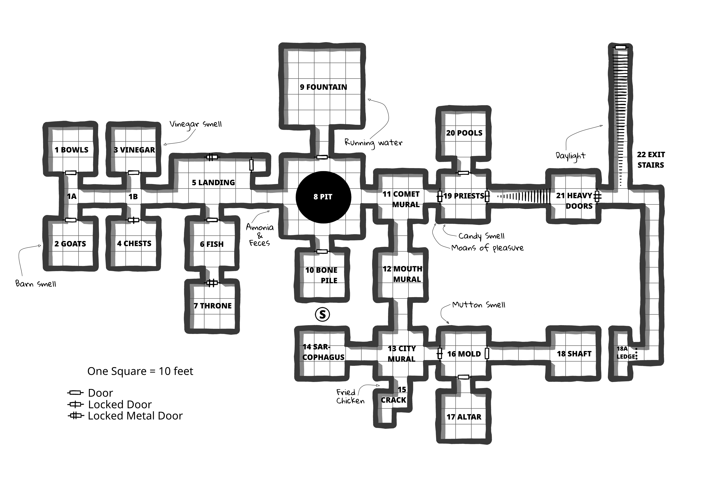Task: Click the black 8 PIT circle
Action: pos(323,197)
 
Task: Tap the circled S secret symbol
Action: pos(322,314)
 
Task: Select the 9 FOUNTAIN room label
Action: pos(323,87)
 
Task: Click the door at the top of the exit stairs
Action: pos(620,47)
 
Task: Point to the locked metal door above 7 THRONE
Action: pos(212,283)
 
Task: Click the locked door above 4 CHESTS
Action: pos(133,220)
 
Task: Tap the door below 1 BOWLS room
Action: pos(71,173)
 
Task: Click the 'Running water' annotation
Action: pos(373,143)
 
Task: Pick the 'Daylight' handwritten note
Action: pos(570,156)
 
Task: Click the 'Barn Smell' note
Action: pos(36,284)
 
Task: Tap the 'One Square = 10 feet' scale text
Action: pos(140,371)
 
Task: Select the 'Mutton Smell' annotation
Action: pos(479,305)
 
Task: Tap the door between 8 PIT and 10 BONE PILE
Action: pos(322,251)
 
